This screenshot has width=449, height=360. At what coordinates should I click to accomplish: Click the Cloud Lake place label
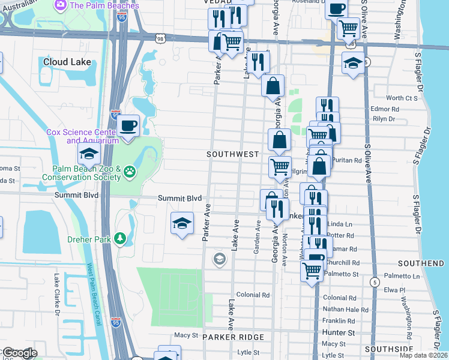pos(67,62)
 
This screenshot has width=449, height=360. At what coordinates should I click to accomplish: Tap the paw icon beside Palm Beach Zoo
pos(130,173)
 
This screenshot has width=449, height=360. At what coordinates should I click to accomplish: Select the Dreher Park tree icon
pos(121,239)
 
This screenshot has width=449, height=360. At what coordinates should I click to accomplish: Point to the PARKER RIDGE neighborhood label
pos(230,338)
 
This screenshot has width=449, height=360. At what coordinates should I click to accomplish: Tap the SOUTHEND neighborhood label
pos(421,263)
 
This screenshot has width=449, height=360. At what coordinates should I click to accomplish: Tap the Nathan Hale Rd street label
pos(339,309)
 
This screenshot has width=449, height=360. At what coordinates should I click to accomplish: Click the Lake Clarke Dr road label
pos(58,295)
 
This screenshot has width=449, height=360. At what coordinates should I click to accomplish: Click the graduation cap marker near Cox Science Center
pos(89,154)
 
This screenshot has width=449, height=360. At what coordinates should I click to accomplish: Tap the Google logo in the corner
pos(20,353)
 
